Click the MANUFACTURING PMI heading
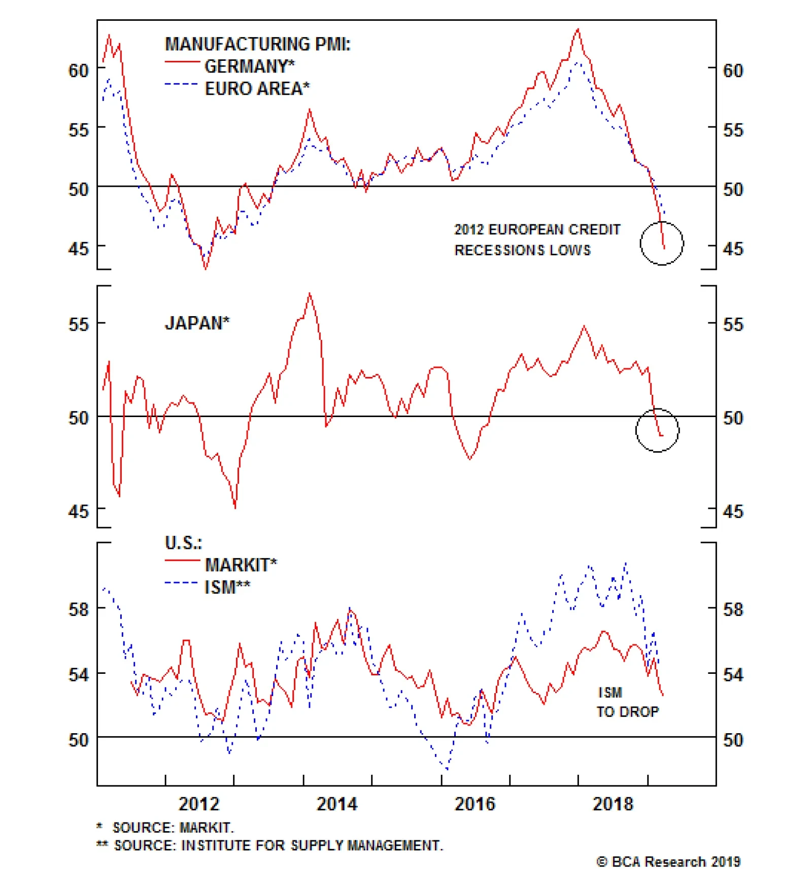tap(257, 44)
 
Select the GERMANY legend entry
tap(249, 66)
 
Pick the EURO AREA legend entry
tap(257, 89)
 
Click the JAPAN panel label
tap(197, 323)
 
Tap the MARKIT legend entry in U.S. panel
tap(241, 565)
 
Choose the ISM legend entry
tap(227, 587)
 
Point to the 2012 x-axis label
tap(199, 804)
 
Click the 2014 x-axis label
tap(337, 804)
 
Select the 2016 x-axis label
tap(475, 804)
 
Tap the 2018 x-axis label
tap(613, 804)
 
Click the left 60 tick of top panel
tap(79, 70)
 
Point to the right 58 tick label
tap(733, 609)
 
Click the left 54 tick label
tap(79, 675)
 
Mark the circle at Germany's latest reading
tap(662, 243)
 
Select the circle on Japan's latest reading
tap(657, 430)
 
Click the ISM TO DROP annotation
tap(627, 702)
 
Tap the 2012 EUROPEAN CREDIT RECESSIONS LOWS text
tap(537, 239)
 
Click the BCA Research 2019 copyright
tap(668, 862)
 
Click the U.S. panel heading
tap(183, 543)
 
